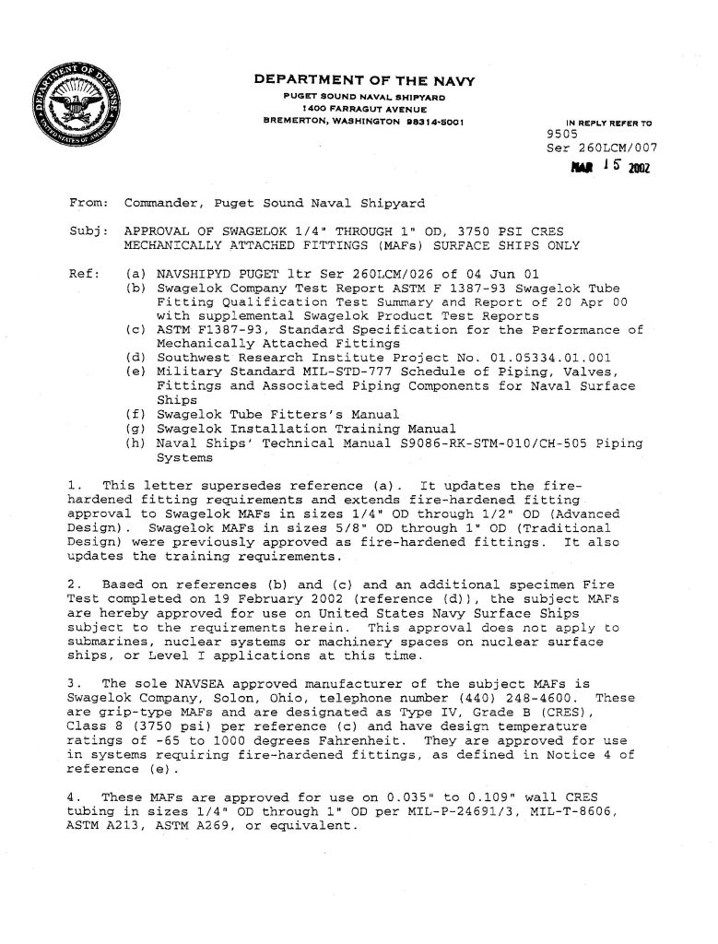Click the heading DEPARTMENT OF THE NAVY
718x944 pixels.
[364, 82]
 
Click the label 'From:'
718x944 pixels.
[89, 203]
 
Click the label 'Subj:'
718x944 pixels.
[89, 230]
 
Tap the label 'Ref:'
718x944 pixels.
[86, 274]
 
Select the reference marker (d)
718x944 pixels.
[135, 358]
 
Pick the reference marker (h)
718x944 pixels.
[135, 442]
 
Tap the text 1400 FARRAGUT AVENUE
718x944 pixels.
[363, 108]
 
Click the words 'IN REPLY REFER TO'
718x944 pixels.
[608, 122]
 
